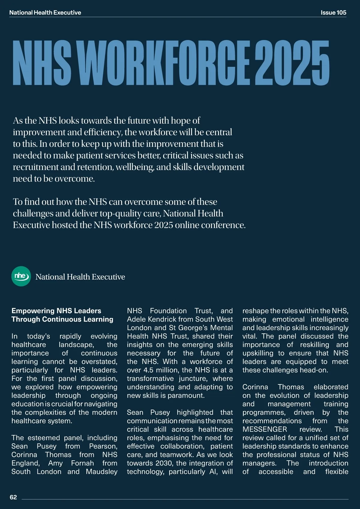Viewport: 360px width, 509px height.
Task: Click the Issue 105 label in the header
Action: tap(333, 13)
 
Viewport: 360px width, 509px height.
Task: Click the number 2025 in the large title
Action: tap(292, 63)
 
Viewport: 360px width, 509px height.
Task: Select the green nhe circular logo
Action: tap(21, 276)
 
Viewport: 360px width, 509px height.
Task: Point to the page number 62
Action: tap(13, 497)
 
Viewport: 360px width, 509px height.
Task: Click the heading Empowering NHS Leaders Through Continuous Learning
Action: tap(62, 315)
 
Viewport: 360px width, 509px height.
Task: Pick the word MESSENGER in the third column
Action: tap(265, 429)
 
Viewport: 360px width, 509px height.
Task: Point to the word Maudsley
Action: tap(101, 471)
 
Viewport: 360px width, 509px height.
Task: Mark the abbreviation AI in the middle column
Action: tap(213, 471)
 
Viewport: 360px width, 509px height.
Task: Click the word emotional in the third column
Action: tap(288, 319)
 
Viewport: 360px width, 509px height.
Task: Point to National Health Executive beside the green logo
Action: tap(80, 277)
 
